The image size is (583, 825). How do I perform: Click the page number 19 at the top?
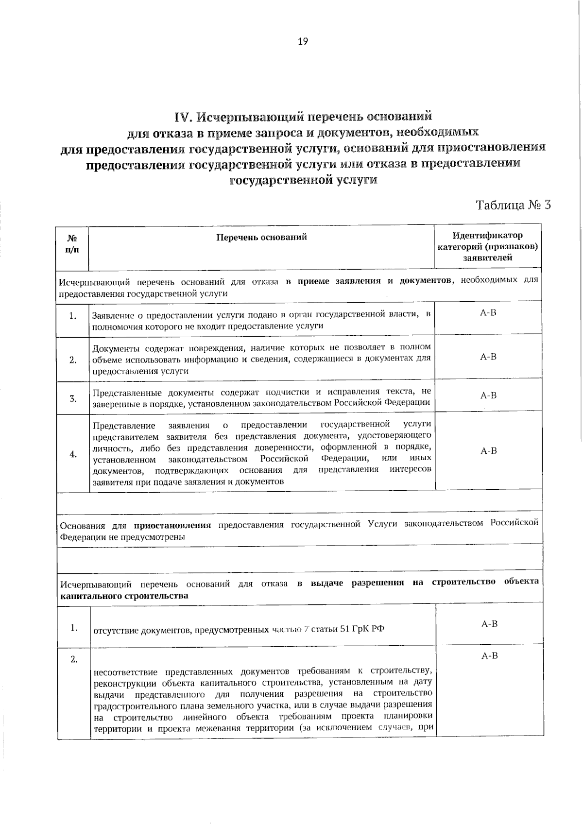302,41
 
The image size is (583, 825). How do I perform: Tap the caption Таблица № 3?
513,205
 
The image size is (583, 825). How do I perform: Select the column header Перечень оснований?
261,237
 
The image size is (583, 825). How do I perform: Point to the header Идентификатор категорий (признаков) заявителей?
488,246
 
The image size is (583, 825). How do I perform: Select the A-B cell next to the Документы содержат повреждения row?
488,357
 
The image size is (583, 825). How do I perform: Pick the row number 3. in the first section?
73,399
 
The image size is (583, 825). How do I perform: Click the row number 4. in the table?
73,454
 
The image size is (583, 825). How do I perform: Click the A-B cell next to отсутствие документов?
489,624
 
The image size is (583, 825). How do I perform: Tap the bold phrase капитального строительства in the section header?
124,596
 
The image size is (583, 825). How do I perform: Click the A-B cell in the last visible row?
489,656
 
